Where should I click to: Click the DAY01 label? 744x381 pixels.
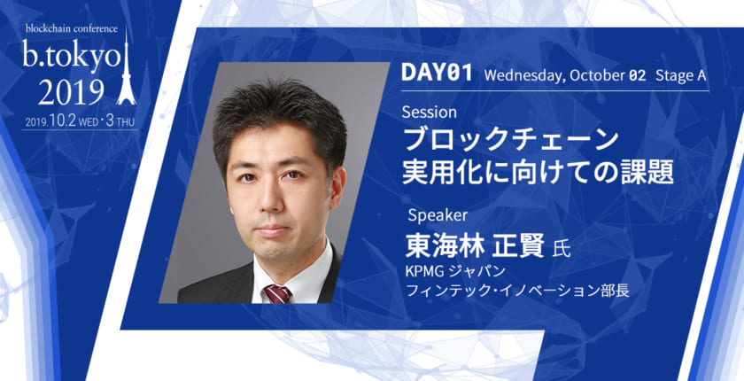436,74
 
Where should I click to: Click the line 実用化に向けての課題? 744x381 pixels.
538,170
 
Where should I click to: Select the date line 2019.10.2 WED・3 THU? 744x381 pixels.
79,121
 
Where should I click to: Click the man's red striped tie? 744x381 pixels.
278,293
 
